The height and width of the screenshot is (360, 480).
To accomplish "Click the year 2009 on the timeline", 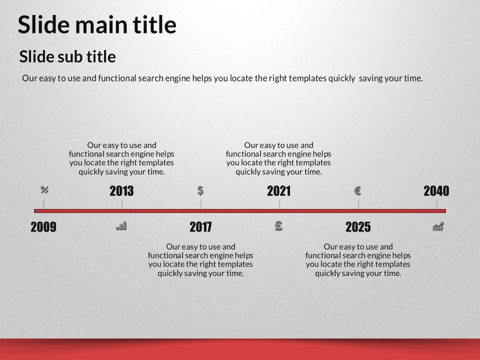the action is point(43,227).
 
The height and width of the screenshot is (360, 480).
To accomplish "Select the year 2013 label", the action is point(122,191).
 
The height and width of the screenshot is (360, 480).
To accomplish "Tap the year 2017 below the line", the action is point(200,227).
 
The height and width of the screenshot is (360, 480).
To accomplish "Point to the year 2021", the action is point(279,191).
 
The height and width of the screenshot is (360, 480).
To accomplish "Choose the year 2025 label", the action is point(358,227).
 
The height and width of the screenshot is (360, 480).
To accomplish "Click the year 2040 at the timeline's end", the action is point(436,191).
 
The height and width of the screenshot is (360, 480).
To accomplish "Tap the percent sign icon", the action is point(44,190).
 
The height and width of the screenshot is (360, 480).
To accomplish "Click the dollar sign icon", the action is point(200,190).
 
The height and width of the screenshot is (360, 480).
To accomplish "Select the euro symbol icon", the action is point(357,190).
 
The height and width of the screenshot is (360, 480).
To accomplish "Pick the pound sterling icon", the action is point(278,226).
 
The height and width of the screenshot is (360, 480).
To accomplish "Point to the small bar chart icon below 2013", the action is point(121,226).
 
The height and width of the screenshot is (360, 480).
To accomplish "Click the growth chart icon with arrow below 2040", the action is point(438,226).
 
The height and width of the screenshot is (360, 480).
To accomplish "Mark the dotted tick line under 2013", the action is point(122,204).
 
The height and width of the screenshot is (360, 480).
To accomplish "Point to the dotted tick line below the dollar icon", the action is point(201,204).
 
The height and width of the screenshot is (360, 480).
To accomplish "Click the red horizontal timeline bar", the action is point(240,211).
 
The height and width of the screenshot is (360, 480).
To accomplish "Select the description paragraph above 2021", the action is point(278,158).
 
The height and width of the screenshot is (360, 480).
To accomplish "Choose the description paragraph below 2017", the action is point(200,260).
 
